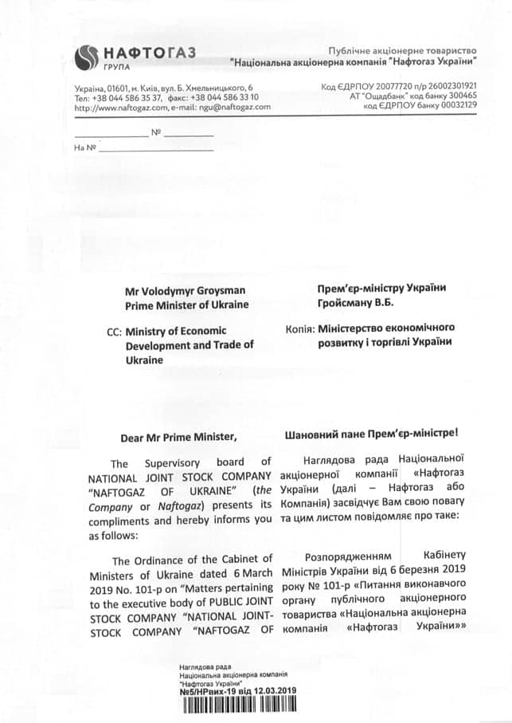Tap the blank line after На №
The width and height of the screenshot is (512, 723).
point(156,147)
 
